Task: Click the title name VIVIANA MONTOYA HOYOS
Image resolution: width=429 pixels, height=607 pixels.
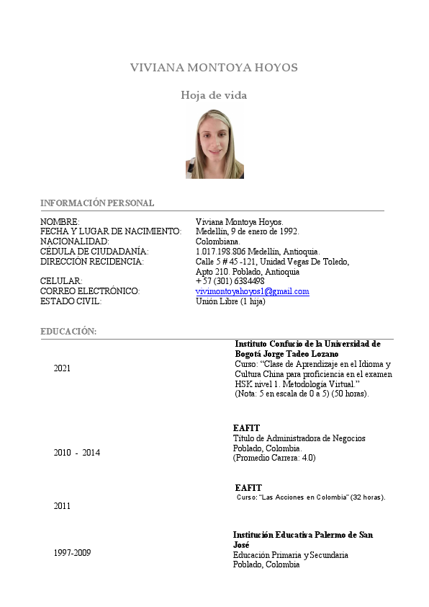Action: tap(214, 68)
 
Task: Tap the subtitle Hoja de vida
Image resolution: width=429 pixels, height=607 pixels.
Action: tap(214, 95)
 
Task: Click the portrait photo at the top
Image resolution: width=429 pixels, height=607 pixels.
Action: tap(214, 144)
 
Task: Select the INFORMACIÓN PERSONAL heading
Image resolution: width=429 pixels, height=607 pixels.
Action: tap(97, 203)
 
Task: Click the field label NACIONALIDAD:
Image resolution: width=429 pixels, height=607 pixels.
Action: tap(75, 241)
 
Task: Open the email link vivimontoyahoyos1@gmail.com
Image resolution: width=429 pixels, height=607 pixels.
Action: tap(252, 291)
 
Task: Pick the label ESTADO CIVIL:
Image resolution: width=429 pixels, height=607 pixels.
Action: tap(71, 301)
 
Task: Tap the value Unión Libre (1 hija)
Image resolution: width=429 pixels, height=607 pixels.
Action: tap(230, 301)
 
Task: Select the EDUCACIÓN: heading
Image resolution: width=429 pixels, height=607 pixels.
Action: tap(68, 331)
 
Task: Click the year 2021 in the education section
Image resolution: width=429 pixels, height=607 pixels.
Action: tap(63, 368)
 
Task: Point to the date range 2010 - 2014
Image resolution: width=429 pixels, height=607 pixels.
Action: tap(77, 453)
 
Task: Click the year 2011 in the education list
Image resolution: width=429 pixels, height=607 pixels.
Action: tap(63, 506)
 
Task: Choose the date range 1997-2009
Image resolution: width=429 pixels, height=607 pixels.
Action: tap(73, 553)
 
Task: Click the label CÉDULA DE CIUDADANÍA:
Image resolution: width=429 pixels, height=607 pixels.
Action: tap(94, 251)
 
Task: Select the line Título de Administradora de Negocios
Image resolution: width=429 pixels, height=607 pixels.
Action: tap(299, 438)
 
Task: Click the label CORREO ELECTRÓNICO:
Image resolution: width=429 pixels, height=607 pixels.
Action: tap(90, 291)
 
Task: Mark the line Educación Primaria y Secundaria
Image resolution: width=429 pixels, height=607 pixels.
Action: tap(291, 555)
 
